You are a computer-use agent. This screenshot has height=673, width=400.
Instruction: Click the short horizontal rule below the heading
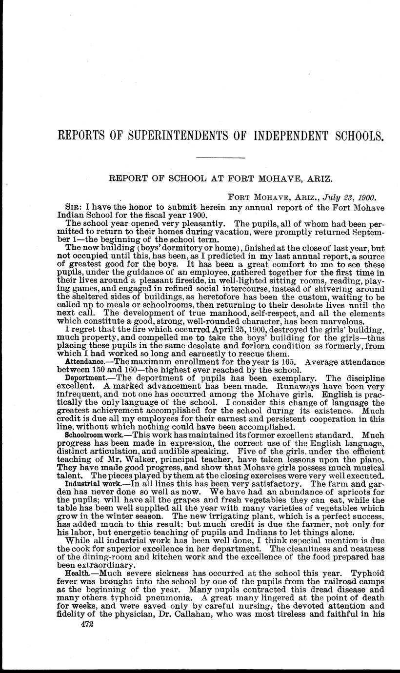(220, 158)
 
